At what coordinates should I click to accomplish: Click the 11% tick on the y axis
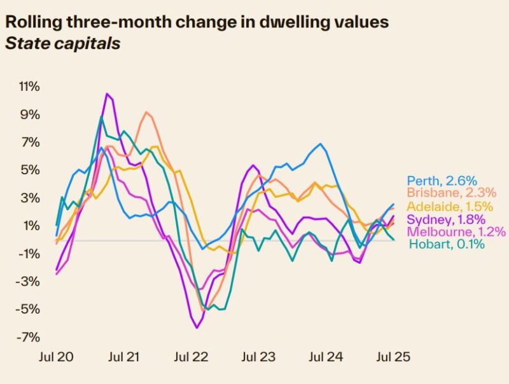coord(28,86)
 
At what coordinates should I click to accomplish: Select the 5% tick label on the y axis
coord(31,170)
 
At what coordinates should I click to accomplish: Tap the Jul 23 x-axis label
coord(258,357)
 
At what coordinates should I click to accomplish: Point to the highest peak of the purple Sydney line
coord(107,94)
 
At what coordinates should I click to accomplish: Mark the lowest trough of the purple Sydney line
coord(197,327)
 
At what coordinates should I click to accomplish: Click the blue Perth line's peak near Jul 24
coord(319,144)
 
